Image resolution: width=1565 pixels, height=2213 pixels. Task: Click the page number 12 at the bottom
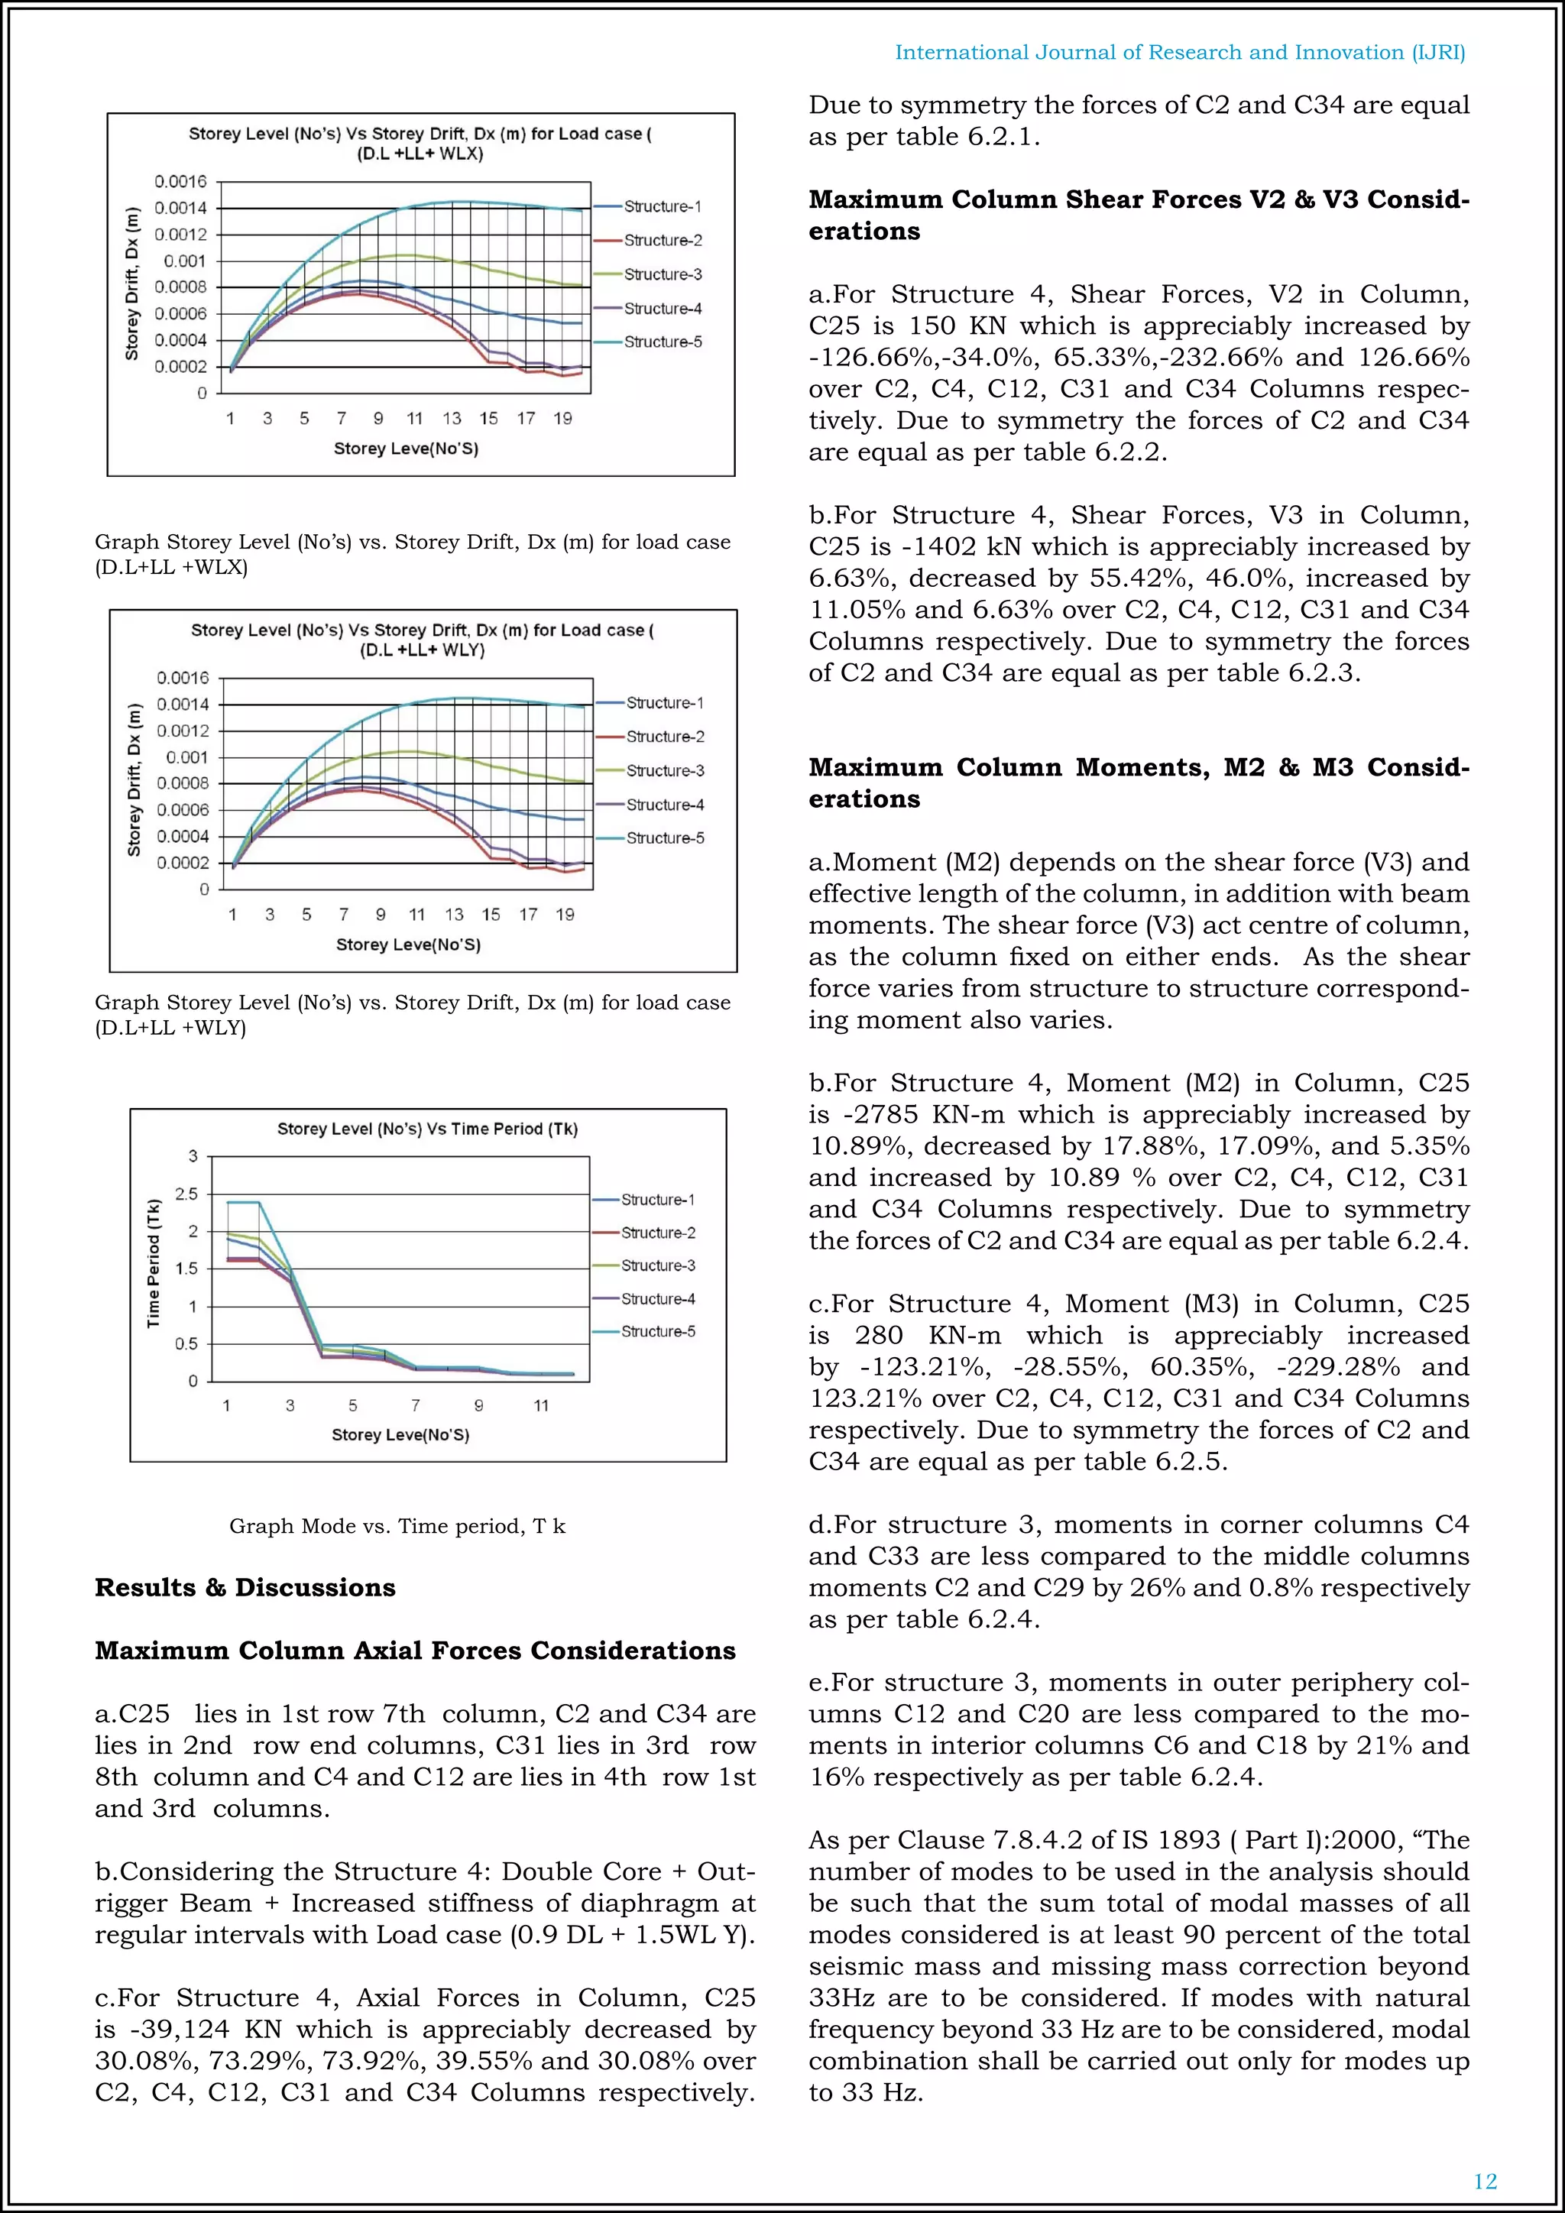click(1485, 2180)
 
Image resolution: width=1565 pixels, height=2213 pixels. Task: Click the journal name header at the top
click(1180, 53)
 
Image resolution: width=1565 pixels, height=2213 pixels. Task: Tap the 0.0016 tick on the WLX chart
click(180, 181)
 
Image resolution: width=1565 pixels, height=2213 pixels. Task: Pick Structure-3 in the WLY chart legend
click(665, 771)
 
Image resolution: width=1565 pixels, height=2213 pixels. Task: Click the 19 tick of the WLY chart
click(565, 915)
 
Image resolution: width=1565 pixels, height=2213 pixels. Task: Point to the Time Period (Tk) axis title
click(154, 1264)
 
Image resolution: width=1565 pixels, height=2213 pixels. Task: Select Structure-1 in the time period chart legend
click(657, 1200)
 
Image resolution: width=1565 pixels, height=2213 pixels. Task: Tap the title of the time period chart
click(427, 1129)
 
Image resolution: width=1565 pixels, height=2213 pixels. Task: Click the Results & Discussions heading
click(245, 1587)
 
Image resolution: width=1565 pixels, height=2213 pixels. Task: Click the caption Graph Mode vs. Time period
click(397, 1526)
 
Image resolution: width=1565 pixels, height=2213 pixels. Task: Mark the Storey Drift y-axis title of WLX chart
click(132, 284)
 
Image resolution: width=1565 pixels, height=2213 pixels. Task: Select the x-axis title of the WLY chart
click(407, 944)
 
